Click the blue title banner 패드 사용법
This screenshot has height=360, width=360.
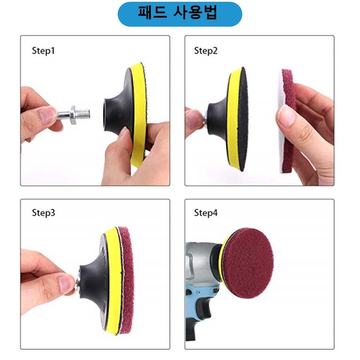180,14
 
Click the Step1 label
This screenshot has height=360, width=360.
44,51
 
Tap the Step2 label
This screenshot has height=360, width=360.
206,51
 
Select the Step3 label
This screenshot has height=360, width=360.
44,213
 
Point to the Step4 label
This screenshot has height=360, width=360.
206,213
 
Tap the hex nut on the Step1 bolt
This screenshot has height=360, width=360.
73,115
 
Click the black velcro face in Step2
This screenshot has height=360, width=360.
242,119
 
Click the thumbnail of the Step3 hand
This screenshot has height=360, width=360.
67,283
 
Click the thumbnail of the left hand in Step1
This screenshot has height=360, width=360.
48,115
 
